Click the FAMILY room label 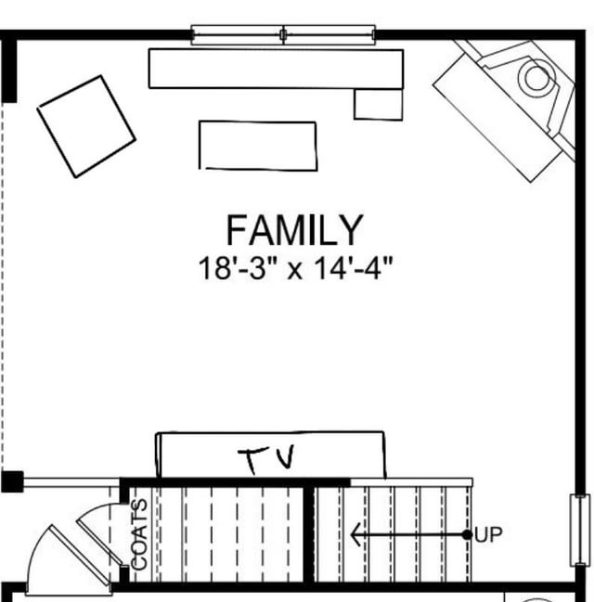coord(295,230)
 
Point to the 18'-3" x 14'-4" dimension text coord(295,268)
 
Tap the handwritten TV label coord(266,459)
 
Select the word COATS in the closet coord(139,534)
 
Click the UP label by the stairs coord(488,534)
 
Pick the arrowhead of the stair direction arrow coord(355,534)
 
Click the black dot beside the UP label coord(467,535)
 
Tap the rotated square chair coord(86,127)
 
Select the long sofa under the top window coord(276,70)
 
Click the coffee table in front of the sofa coord(258,146)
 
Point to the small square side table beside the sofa coord(379,105)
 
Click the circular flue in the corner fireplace coord(536,78)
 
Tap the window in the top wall coord(283,35)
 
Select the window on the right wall coord(580,531)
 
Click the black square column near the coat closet coord(12,481)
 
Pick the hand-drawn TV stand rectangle coord(271,455)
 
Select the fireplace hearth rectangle coord(498,118)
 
